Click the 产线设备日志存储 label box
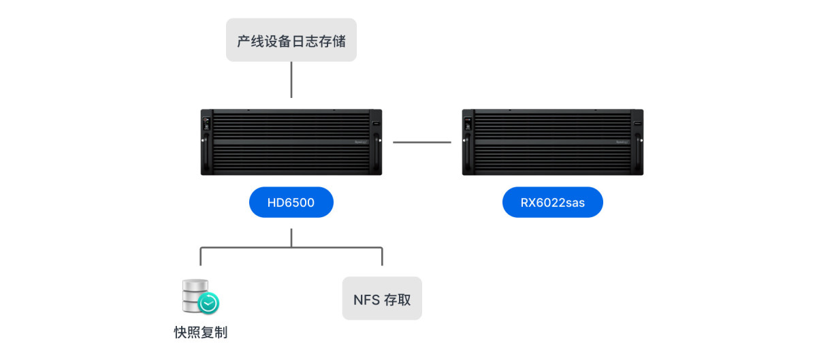point(291,40)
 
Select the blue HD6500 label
point(291,202)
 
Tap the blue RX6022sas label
point(552,202)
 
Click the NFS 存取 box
point(382,299)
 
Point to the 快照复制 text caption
point(200,332)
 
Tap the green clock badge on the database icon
point(208,303)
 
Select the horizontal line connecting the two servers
point(422,142)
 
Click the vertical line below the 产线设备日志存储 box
point(291,80)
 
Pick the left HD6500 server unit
point(291,142)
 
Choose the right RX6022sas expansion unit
point(552,142)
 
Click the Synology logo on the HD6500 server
point(361,142)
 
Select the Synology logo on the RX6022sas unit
point(622,142)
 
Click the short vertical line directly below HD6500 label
point(291,238)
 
